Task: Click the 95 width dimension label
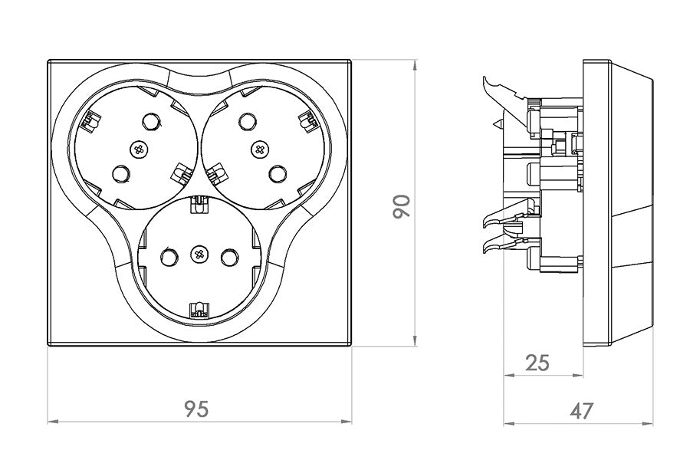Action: pyautogui.click(x=197, y=409)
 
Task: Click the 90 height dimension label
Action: pyautogui.click(x=402, y=205)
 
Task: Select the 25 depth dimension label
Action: pyautogui.click(x=538, y=362)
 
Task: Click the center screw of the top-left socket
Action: pyautogui.click(x=139, y=148)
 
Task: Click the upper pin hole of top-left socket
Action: pyautogui.click(x=151, y=121)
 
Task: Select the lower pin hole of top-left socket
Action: pyautogui.click(x=120, y=175)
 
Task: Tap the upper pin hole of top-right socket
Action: pyautogui.click(x=246, y=121)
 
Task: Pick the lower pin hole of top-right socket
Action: pyautogui.click(x=278, y=175)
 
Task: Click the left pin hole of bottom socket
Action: pyautogui.click(x=168, y=255)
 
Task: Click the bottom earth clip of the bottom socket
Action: pyautogui.click(x=199, y=309)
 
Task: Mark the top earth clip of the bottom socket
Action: pyautogui.click(x=199, y=203)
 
